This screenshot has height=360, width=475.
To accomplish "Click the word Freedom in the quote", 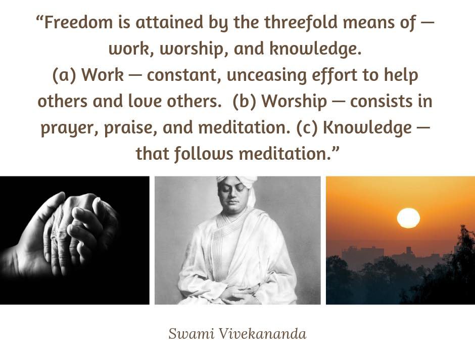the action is (78, 22).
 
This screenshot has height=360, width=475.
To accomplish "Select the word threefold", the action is (301, 23).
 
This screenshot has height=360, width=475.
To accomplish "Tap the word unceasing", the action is (267, 75).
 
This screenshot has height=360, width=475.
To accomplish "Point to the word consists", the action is (382, 101).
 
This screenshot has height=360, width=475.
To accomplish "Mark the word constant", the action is (184, 76).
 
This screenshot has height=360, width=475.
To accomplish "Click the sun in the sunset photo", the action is (408, 218).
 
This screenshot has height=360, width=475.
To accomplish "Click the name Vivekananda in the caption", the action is (262, 334).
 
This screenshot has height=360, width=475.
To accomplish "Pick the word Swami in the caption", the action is (192, 334).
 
